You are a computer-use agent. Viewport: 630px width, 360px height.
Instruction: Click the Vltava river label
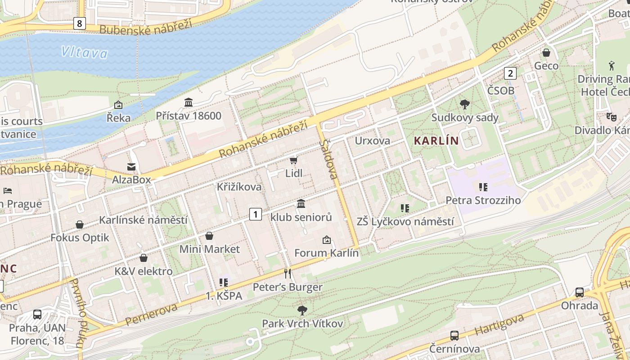(85, 53)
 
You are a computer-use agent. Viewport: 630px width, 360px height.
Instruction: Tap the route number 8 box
(80, 23)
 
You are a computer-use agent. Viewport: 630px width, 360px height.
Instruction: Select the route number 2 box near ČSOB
(510, 73)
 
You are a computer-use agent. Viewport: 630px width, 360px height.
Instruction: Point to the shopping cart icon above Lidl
(294, 160)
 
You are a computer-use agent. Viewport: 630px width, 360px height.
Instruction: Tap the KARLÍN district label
(436, 141)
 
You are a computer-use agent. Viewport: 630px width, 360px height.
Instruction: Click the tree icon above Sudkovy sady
(465, 105)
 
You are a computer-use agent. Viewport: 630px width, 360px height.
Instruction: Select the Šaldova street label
(329, 159)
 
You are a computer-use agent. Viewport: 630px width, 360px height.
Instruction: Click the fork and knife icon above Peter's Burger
(288, 274)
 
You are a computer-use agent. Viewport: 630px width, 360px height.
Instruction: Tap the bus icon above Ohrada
(580, 292)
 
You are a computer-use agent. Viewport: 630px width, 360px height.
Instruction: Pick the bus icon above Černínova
(454, 336)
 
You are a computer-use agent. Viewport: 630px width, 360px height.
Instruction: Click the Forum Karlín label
(326, 253)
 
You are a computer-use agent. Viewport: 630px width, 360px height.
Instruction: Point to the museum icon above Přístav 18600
(189, 103)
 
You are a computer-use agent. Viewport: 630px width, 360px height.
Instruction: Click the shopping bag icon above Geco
(546, 53)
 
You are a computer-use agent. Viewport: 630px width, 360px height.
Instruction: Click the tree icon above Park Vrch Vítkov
(302, 310)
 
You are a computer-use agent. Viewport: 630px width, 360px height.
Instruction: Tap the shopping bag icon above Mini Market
(209, 236)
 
